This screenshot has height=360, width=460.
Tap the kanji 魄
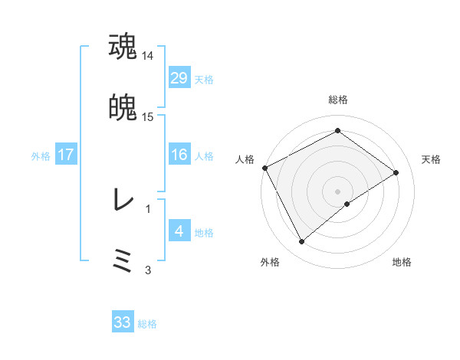coord(123,108)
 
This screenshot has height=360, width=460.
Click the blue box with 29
coord(179,78)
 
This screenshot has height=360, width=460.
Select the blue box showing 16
coord(179,155)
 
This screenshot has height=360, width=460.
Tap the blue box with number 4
coord(179,231)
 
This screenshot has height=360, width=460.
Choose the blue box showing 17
coord(66,155)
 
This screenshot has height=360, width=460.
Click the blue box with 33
coord(123,322)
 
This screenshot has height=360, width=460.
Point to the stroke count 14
coord(148,56)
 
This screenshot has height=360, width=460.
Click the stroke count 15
coord(148,117)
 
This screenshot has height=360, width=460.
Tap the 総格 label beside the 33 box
coord(147,324)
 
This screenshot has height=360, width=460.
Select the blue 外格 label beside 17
coord(41,156)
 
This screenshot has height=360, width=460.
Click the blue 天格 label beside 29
coord(204,80)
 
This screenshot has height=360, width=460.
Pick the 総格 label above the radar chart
coord(338,100)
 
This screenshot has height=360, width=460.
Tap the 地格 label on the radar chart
coord(402,263)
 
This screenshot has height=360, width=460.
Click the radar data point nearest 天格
coord(396,172)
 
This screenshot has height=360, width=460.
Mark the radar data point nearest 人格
coord(264,168)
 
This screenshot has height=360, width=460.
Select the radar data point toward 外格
coord(301,242)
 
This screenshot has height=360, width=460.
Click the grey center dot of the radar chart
coord(338,191)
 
